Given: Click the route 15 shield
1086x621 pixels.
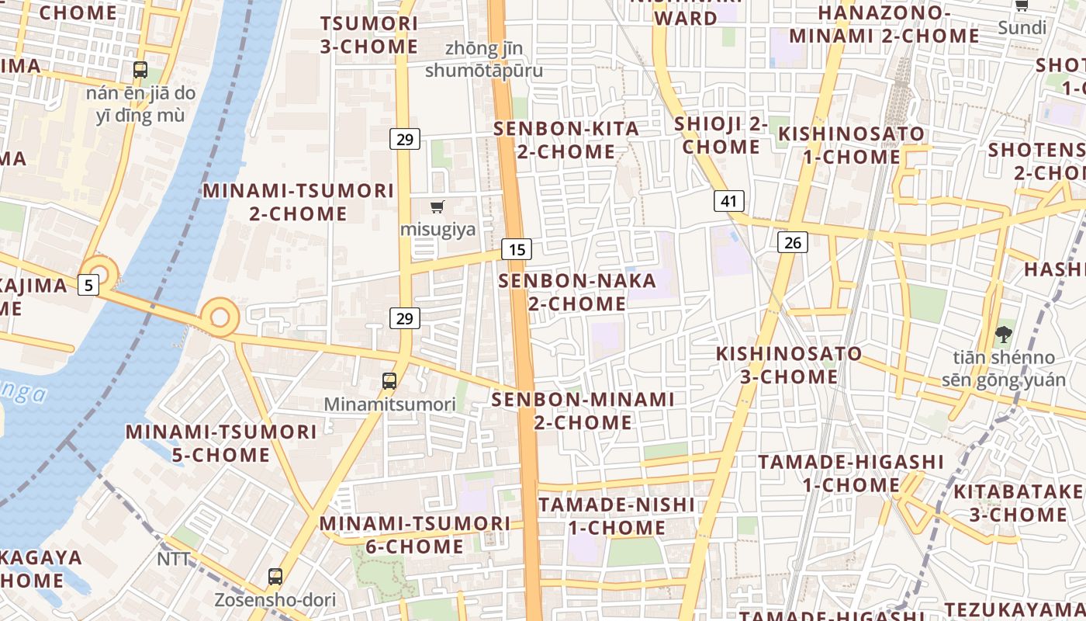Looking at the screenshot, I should coord(517,249).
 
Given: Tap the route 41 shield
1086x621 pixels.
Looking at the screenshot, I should coord(728,201).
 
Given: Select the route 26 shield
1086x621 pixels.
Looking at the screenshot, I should coord(793,242).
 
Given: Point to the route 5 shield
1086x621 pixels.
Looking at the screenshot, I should coord(88,285).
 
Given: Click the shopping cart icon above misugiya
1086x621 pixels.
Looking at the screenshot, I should coord(438,206).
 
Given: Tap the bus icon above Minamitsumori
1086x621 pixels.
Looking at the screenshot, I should coord(389,381).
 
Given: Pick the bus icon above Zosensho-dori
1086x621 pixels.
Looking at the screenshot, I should coord(275,577).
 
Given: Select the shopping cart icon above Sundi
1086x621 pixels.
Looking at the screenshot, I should coord(1022,6).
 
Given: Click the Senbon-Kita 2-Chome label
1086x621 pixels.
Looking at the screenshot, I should coord(566,140).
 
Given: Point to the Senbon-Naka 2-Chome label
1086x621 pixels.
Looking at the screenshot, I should coord(577,291).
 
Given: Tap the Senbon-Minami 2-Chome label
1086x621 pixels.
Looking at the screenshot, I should coord(583,411).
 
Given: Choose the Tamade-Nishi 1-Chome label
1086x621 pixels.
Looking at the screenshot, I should coord(617,516).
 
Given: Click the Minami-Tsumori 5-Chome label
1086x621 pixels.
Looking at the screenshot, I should coord(221,443).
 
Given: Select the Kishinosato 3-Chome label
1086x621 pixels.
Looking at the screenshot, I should coord(788,365).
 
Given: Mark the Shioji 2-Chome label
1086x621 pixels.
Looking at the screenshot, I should coord(721,135).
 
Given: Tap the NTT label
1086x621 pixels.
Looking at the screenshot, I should coord(174,559).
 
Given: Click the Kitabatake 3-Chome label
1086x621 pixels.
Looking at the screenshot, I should coord(1019,503).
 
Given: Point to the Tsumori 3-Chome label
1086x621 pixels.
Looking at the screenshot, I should coord(369,35).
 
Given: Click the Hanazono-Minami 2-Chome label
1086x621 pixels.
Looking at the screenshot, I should coord(884,24).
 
